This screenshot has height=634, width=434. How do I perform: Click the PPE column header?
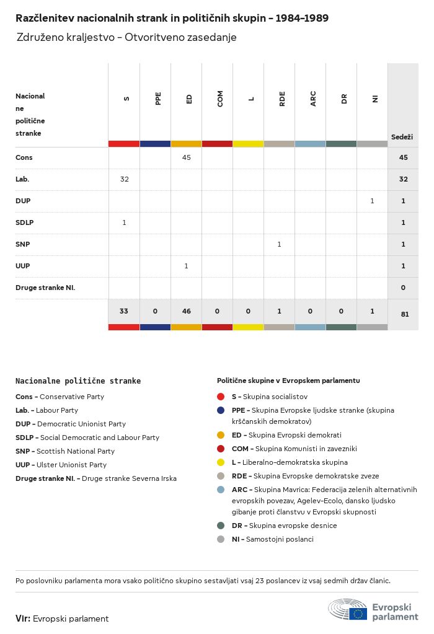[158, 99]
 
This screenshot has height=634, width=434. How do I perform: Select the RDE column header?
[282, 99]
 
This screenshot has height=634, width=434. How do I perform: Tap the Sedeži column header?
[402, 136]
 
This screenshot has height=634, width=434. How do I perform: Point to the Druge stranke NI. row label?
[49, 288]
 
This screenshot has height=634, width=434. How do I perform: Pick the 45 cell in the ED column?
[186, 157]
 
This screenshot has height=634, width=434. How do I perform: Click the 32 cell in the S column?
[124, 179]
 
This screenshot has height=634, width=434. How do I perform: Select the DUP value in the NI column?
[372, 201]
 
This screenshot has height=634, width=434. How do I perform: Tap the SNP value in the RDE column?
[279, 244]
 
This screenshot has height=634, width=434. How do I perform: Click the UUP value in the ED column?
[186, 266]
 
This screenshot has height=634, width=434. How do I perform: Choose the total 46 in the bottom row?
[186, 311]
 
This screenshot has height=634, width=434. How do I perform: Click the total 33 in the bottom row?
[124, 311]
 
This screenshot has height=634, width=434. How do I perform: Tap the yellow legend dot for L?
[221, 462]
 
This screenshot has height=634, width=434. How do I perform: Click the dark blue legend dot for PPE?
[221, 410]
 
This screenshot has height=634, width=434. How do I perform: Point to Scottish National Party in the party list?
[75, 451]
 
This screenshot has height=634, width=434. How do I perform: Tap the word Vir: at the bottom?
[23, 619]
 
